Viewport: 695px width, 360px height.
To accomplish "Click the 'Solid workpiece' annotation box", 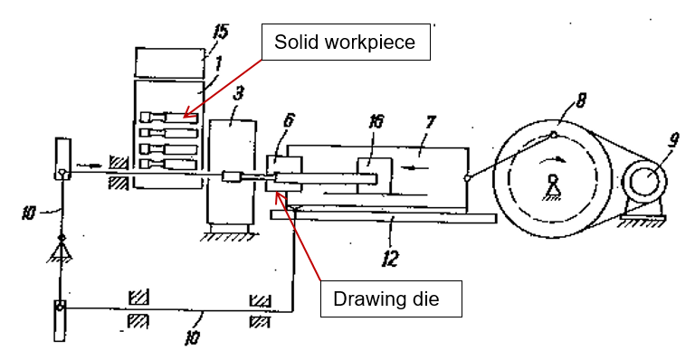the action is pyautogui.click(x=346, y=43).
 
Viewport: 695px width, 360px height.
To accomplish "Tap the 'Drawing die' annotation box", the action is pyautogui.click(x=391, y=298).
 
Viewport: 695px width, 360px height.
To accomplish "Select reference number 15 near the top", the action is pyautogui.click(x=221, y=32).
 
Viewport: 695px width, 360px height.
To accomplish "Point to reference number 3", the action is pyautogui.click(x=239, y=93).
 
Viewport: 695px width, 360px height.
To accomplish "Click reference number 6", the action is pyautogui.click(x=289, y=120).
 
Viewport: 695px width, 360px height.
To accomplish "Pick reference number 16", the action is pyautogui.click(x=376, y=121).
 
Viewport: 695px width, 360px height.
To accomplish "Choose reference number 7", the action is pyautogui.click(x=430, y=123).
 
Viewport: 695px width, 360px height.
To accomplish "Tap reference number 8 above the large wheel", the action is pyautogui.click(x=581, y=100).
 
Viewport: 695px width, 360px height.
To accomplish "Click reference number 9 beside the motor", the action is pyautogui.click(x=673, y=140).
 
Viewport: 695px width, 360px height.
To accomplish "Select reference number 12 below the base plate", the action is pyautogui.click(x=390, y=258).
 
